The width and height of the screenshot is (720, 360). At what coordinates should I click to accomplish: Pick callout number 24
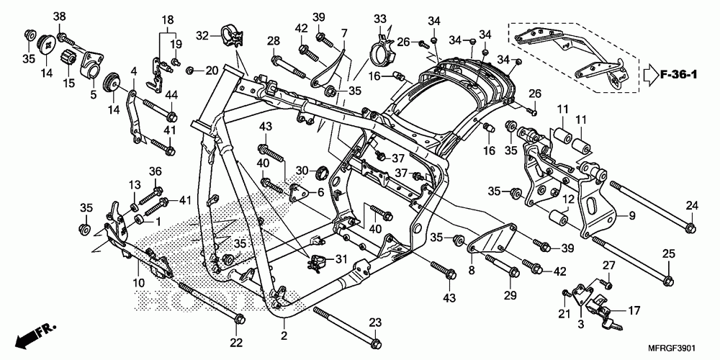click(691, 205)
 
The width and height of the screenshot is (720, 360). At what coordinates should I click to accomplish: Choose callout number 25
click(668, 254)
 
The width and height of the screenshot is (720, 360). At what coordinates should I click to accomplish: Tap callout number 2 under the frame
click(284, 336)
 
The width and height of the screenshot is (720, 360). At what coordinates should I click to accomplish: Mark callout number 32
click(202, 34)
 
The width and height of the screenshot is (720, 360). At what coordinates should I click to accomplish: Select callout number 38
click(60, 17)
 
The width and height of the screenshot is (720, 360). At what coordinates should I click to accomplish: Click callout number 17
click(634, 311)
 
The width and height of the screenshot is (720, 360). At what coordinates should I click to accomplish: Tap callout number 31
click(341, 259)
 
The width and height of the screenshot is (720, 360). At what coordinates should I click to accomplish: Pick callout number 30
click(303, 171)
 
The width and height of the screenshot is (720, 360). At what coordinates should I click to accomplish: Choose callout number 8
click(471, 271)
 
